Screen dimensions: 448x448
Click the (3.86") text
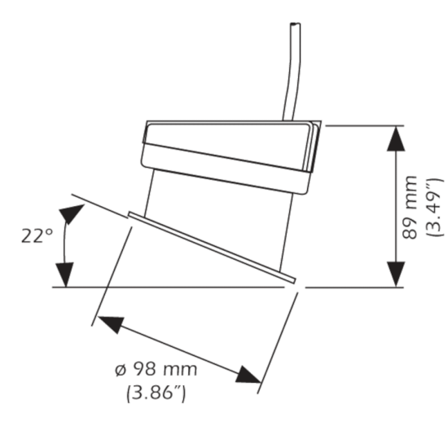[x=156, y=393]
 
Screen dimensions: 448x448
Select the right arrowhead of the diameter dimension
[x=248, y=376]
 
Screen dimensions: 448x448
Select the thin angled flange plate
[x=212, y=247]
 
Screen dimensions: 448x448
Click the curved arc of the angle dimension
[x=64, y=244]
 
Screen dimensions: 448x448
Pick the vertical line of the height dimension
[x=395, y=206]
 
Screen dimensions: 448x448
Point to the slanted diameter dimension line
[x=179, y=349]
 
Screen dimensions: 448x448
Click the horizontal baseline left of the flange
[x=90, y=287]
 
